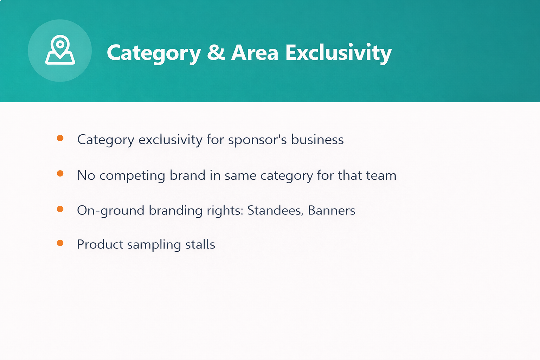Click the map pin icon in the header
[x=60, y=50]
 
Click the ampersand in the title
[x=216, y=52]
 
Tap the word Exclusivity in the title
[x=339, y=53]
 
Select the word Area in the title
[x=255, y=52]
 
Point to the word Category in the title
[x=154, y=54]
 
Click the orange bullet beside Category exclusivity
[x=60, y=138]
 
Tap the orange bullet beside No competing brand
[x=60, y=173]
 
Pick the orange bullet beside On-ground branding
[x=60, y=209]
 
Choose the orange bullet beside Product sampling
[x=60, y=243]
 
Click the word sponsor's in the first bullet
[x=257, y=140]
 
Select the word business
[x=317, y=139]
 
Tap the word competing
[x=132, y=176]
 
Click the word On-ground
[x=111, y=211]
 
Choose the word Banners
[x=332, y=210]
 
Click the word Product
[x=100, y=244]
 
